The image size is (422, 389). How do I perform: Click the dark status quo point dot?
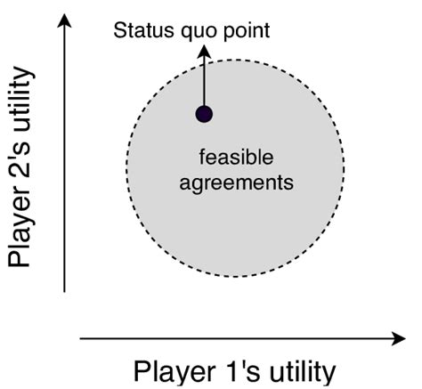point(205,113)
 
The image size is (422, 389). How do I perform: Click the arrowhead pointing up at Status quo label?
point(204,53)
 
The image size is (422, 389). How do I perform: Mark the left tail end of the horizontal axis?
point(82,338)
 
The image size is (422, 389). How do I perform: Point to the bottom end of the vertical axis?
point(65,291)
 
